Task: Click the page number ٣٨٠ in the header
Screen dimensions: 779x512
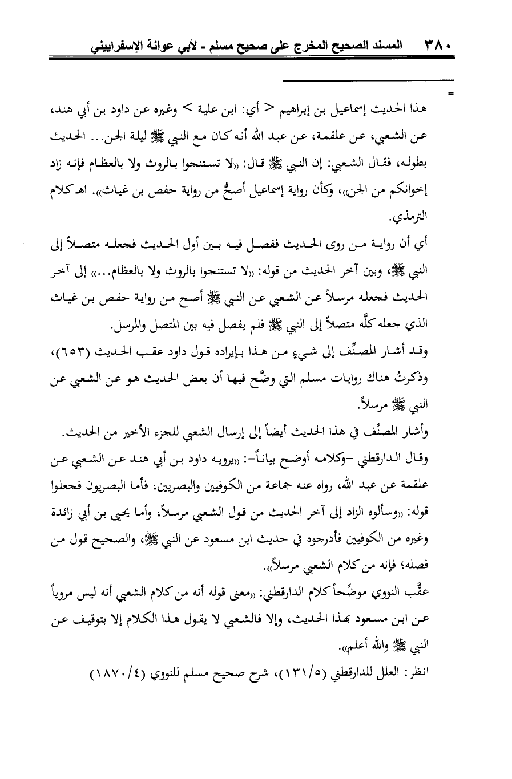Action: click(x=439, y=44)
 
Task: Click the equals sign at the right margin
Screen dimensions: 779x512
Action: click(x=451, y=92)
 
